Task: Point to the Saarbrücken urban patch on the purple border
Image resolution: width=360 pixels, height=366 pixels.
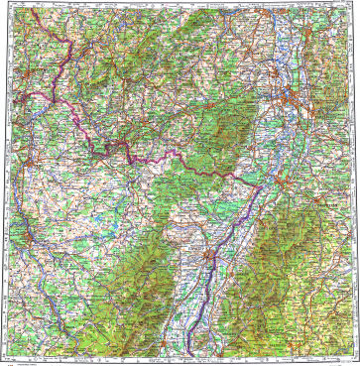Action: [121, 148]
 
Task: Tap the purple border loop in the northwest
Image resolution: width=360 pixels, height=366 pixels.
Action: [61, 45]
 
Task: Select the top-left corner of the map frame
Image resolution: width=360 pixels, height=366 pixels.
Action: [5, 5]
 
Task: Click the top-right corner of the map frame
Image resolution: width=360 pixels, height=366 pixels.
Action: [355, 5]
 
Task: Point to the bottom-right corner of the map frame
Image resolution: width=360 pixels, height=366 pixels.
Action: [355, 354]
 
